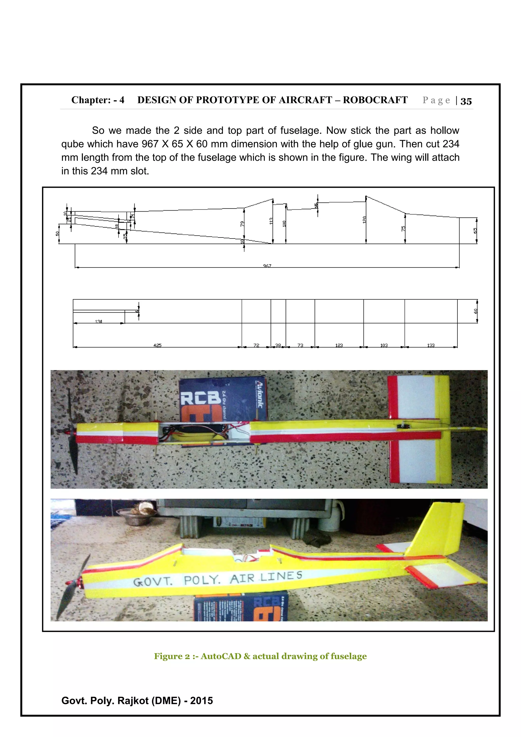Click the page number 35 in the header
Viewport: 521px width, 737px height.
466,101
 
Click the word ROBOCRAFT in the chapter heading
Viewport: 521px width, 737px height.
375,100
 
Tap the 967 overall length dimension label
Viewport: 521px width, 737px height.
267,266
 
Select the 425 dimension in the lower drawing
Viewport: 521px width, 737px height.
157,345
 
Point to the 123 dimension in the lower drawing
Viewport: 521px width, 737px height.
339,345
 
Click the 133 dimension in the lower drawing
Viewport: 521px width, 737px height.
431,345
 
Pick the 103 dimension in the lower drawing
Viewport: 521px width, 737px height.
384,345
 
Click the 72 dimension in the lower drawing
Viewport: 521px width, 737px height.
256,345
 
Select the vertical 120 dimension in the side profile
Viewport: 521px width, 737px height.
364,220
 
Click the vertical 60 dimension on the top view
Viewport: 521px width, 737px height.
475,311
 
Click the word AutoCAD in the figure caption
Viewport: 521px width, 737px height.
221,656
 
